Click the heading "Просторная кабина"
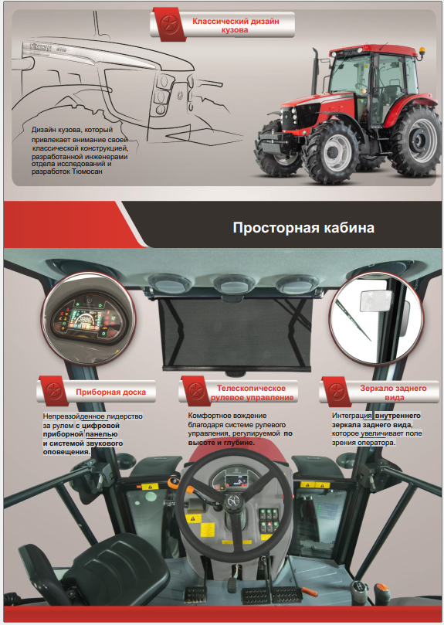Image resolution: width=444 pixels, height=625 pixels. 303,228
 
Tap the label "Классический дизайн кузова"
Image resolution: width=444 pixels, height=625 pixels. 236,25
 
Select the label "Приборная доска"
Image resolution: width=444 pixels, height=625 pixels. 110,392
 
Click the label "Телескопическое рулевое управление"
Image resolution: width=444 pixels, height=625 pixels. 252,392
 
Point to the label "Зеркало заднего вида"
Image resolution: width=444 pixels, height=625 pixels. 393,392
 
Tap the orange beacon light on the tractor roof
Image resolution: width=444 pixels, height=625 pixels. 422,52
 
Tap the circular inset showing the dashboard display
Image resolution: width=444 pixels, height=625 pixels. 89,318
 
